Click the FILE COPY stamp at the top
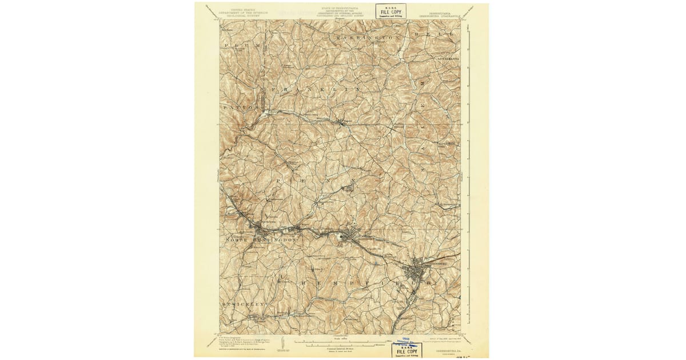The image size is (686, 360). [x=390, y=11]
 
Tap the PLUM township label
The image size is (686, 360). [x=235, y=45]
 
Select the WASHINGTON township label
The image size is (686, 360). [x=366, y=38]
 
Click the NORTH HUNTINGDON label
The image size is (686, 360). [x=261, y=241]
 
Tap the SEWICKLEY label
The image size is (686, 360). [x=243, y=304]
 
